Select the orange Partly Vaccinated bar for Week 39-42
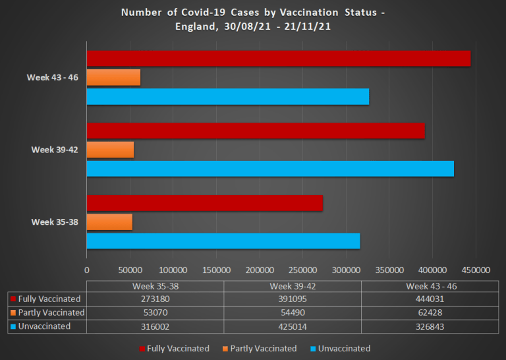tap(110, 150)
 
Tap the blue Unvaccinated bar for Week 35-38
tap(223, 241)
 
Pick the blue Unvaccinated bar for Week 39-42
tap(270, 169)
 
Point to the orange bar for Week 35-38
tap(109, 222)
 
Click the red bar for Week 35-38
tap(204, 203)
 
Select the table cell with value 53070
tap(155, 313)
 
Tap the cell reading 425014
tap(293, 326)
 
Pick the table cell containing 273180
tap(155, 299)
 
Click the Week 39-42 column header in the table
tap(293, 286)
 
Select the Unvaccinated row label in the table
tap(45, 326)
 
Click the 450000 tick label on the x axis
tap(476, 270)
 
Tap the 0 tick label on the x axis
tap(86, 270)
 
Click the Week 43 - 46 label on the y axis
tap(53, 77)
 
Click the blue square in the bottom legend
tap(313, 348)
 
